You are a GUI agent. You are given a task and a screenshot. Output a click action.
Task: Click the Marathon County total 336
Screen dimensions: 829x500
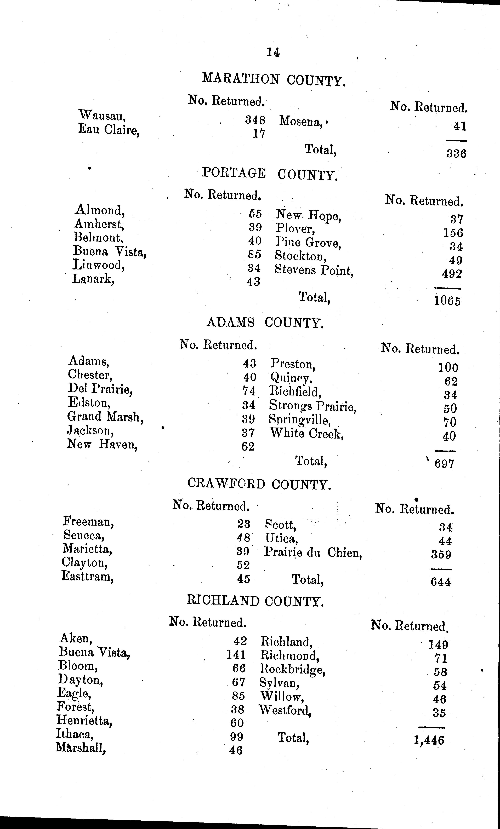coord(456,154)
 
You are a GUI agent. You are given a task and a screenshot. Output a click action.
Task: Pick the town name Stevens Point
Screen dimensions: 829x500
coord(314,270)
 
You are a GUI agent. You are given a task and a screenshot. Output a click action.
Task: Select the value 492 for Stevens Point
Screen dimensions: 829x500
coord(452,274)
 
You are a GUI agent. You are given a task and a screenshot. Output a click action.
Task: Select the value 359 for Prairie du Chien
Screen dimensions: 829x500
coord(441,554)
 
